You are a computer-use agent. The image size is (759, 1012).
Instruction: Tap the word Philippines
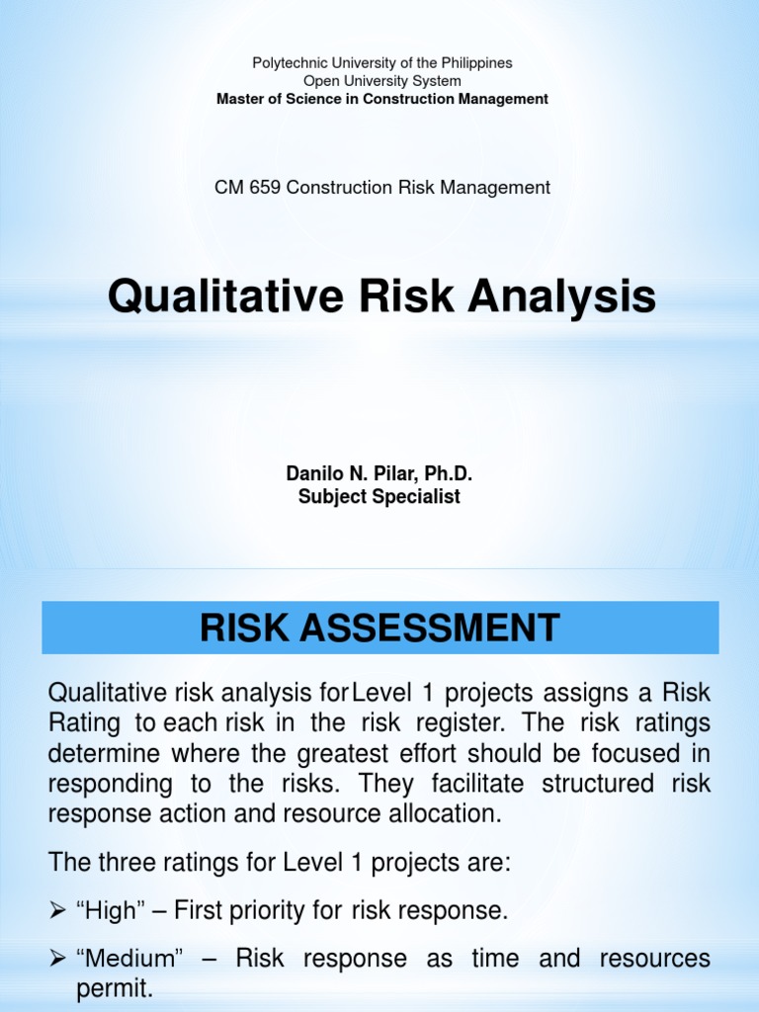point(475,63)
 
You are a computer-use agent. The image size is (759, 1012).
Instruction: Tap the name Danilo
point(313,475)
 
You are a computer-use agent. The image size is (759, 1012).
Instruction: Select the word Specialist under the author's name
point(416,497)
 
